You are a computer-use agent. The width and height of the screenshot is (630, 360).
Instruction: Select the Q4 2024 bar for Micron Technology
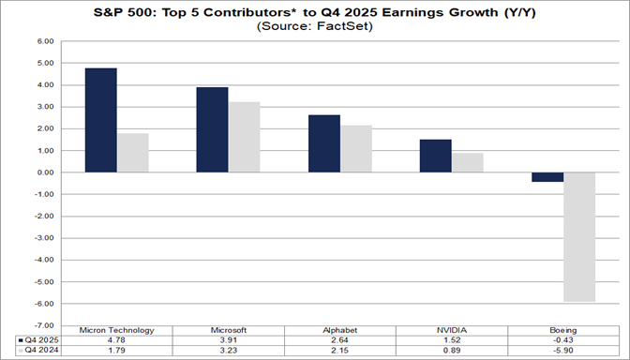point(132,153)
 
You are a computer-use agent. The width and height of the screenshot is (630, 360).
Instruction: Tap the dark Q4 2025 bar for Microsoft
point(212,129)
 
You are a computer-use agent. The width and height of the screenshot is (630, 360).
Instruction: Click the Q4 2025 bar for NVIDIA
point(435,156)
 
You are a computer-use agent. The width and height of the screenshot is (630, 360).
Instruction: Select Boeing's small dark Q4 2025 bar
point(547,177)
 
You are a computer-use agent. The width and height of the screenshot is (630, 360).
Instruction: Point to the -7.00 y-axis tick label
point(41,325)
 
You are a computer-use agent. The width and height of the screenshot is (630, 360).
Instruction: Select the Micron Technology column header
point(116,330)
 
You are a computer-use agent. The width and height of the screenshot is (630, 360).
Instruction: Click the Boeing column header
point(562,330)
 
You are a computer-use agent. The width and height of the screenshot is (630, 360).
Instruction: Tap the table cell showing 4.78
point(116,339)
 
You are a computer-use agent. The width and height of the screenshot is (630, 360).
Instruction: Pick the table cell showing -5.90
point(562,350)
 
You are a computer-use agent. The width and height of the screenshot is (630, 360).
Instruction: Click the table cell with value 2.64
point(339,339)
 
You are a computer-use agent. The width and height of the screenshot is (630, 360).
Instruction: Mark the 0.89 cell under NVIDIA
point(451,350)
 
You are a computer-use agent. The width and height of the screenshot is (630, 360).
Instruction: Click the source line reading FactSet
point(314,26)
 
